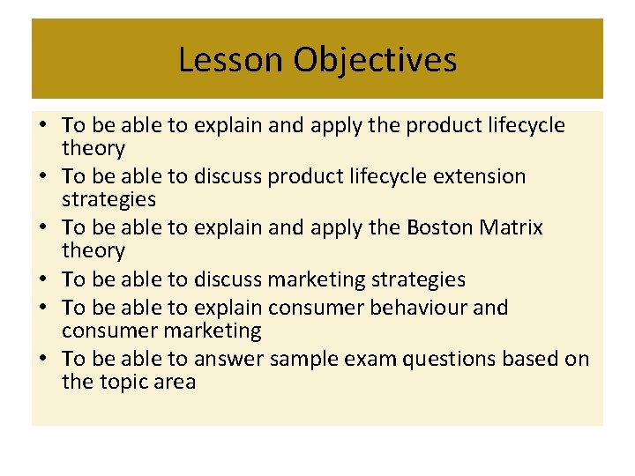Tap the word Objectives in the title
(375, 60)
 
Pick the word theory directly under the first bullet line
(93, 148)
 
